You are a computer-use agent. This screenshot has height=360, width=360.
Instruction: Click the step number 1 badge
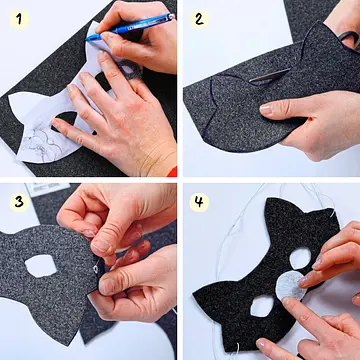tap(20, 19)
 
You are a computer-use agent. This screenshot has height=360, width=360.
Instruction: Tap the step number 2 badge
tap(199, 19)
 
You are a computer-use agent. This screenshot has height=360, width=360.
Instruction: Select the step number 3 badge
tap(20, 202)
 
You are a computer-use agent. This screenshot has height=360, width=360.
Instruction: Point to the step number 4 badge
tap(199, 202)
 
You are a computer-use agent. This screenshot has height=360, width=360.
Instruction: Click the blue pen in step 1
tap(130, 27)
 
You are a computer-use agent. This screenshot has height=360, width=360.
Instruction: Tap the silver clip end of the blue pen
tap(171, 16)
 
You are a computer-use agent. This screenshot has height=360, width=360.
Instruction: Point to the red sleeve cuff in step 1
tap(172, 172)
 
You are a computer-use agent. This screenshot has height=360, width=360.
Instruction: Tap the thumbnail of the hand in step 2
tap(266, 109)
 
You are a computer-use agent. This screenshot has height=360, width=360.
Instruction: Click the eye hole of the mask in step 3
tap(41, 266)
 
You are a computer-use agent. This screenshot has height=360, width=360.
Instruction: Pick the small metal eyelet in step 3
tap(96, 269)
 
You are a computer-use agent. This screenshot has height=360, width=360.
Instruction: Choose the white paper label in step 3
tap(47, 189)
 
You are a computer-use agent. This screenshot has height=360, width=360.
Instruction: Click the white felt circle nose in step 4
tap(291, 286)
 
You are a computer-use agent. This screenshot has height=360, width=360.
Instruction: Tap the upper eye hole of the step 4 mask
tap(300, 258)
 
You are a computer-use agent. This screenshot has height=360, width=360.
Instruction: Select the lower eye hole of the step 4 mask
tap(262, 306)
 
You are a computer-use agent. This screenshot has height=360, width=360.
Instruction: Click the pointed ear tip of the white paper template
tap(9, 97)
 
